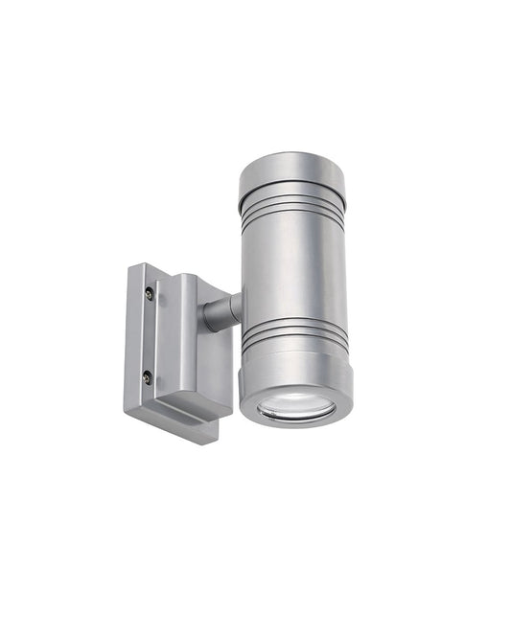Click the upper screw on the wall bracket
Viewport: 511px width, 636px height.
[x=149, y=294]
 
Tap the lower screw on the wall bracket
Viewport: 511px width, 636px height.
[x=148, y=377]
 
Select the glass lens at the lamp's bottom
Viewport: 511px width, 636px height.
[x=295, y=407]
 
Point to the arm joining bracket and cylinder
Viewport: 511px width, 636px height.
[x=220, y=312]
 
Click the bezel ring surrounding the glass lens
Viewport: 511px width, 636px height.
[x=295, y=420]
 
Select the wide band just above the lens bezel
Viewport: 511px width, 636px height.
[x=295, y=369]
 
